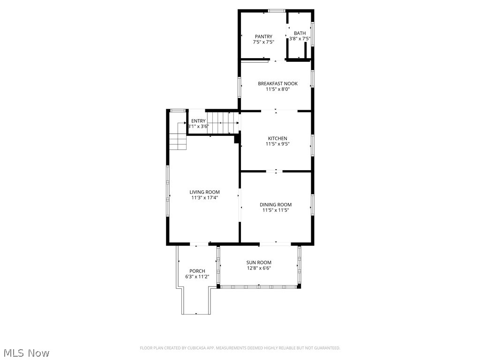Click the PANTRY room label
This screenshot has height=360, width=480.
click(x=263, y=37)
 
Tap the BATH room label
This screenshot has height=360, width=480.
click(x=300, y=33)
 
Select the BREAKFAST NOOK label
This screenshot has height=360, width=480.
click(x=277, y=83)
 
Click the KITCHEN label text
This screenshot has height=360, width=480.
click(x=277, y=138)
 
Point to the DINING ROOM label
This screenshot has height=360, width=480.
click(x=276, y=204)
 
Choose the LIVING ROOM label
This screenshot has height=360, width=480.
click(x=204, y=192)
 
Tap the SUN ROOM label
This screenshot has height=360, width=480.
click(x=259, y=262)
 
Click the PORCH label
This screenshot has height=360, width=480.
click(x=197, y=271)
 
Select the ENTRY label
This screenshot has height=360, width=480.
click(x=198, y=121)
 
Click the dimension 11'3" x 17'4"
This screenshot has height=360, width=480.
click(x=204, y=198)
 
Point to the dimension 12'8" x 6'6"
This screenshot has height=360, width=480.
click(x=259, y=268)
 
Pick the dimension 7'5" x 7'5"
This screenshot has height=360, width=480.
click(x=263, y=42)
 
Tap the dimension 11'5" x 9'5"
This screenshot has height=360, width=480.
click(x=277, y=144)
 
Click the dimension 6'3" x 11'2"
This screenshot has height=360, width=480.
click(x=197, y=277)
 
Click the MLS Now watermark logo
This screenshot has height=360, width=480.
click(x=26, y=352)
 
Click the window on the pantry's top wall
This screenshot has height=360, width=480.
click(x=276, y=10)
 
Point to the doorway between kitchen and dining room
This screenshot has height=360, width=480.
click(x=276, y=172)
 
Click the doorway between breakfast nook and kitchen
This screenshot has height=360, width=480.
click(x=276, y=111)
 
